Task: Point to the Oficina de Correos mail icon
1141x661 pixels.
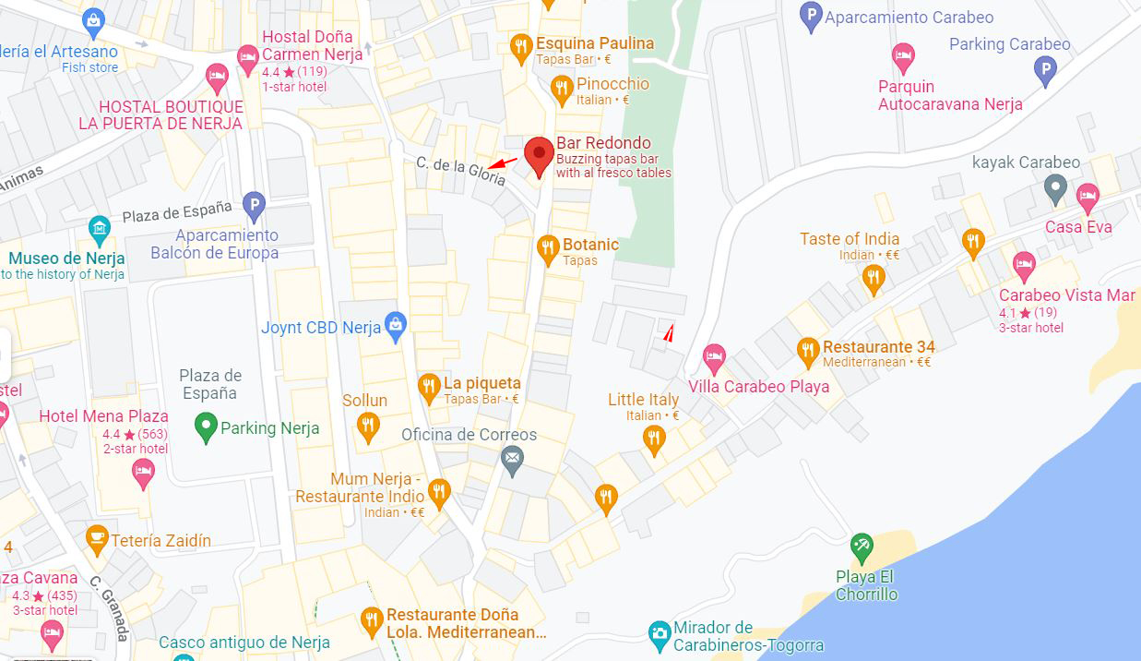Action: [x=512, y=457]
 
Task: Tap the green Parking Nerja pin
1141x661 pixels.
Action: [x=207, y=427]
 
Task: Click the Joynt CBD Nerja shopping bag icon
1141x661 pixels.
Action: [x=396, y=326]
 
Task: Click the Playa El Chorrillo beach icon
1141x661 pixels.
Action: [x=862, y=547]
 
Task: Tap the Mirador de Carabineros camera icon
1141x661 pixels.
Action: [x=659, y=633]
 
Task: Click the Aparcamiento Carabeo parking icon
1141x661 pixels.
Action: [x=811, y=16]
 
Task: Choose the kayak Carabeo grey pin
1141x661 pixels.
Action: [x=1055, y=189]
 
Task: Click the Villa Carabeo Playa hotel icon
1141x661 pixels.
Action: [x=714, y=356]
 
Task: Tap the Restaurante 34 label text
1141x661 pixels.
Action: [x=878, y=347]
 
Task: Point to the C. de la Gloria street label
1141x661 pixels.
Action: [x=460, y=171]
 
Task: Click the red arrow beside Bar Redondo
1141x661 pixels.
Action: [x=503, y=163]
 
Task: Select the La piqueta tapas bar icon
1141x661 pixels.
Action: [x=429, y=388]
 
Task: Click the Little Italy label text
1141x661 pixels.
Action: [x=643, y=400]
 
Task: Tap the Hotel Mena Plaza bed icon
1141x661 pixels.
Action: [x=143, y=473]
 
